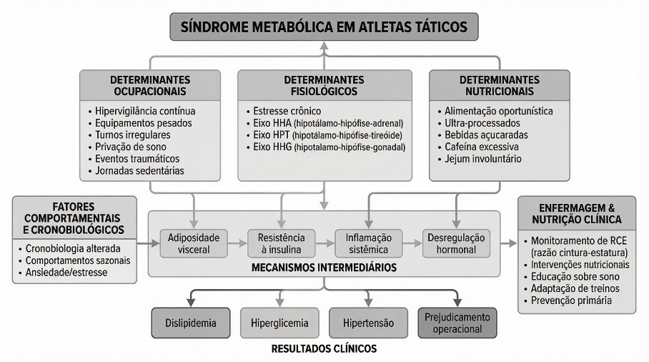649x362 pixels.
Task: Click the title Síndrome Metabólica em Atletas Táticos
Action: pyautogui.click(x=324, y=27)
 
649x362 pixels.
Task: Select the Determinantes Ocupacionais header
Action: pyautogui.click(x=149, y=85)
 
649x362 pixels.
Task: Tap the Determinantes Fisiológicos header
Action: pyautogui.click(x=324, y=85)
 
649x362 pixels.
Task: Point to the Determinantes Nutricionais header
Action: pyautogui.click(x=500, y=85)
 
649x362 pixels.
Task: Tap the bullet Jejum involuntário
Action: pyautogui.click(x=483, y=159)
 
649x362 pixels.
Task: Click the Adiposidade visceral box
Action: pyautogui.click(x=189, y=244)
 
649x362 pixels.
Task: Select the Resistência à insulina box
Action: pyautogui.click(x=277, y=244)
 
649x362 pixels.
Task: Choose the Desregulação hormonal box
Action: pyautogui.click(x=455, y=244)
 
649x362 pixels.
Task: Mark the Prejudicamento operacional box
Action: pyautogui.click(x=457, y=323)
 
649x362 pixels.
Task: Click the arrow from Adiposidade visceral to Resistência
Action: pyautogui.click(x=233, y=244)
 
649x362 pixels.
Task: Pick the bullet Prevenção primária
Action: pyautogui.click(x=570, y=300)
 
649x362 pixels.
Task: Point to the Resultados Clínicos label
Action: pyautogui.click(x=324, y=350)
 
